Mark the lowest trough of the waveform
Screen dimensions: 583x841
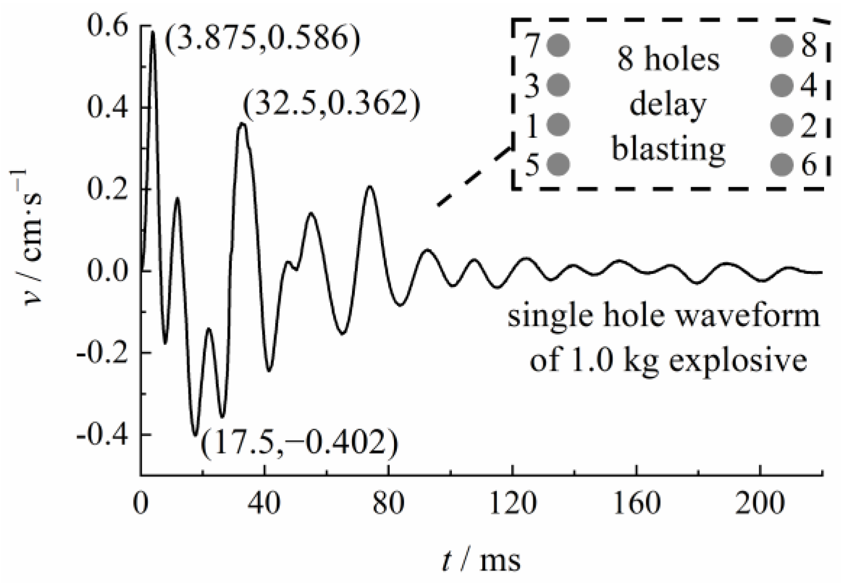coord(195,434)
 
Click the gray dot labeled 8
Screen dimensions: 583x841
coord(782,45)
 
